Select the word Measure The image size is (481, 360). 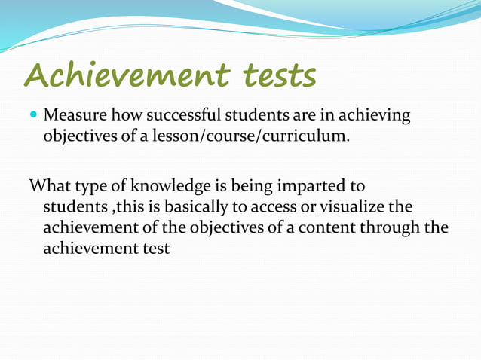(x=75, y=117)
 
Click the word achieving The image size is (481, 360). (x=375, y=117)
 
